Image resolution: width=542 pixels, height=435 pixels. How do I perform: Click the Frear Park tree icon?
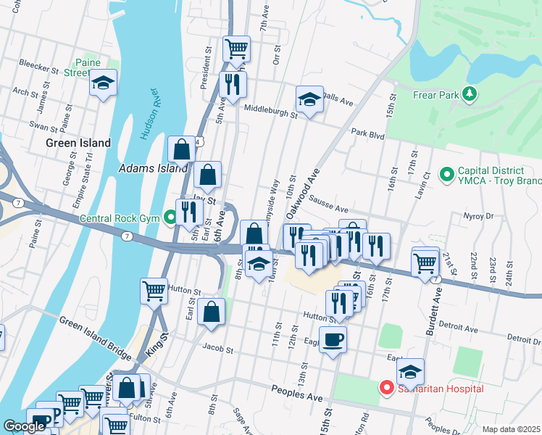[x=470, y=94]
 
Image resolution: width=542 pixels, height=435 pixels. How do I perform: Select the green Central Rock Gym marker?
[x=170, y=217]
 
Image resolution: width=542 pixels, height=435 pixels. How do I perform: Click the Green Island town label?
[x=78, y=143]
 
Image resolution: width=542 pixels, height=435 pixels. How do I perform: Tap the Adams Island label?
[x=153, y=168]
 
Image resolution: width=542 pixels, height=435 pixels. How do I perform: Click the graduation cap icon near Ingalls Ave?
[x=309, y=99]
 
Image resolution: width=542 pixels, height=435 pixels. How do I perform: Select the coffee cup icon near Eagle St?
[x=333, y=339]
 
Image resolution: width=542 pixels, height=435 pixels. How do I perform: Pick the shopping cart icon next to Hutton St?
[x=154, y=291]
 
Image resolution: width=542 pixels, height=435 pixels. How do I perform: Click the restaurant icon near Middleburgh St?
[x=233, y=84]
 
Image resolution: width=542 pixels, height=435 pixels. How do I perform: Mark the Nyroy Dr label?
[x=478, y=215]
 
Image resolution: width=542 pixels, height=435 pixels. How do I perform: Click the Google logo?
[x=24, y=426]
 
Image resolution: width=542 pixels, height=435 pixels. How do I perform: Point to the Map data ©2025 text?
[x=510, y=429]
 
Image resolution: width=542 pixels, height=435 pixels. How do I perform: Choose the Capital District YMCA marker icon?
[x=446, y=173]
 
